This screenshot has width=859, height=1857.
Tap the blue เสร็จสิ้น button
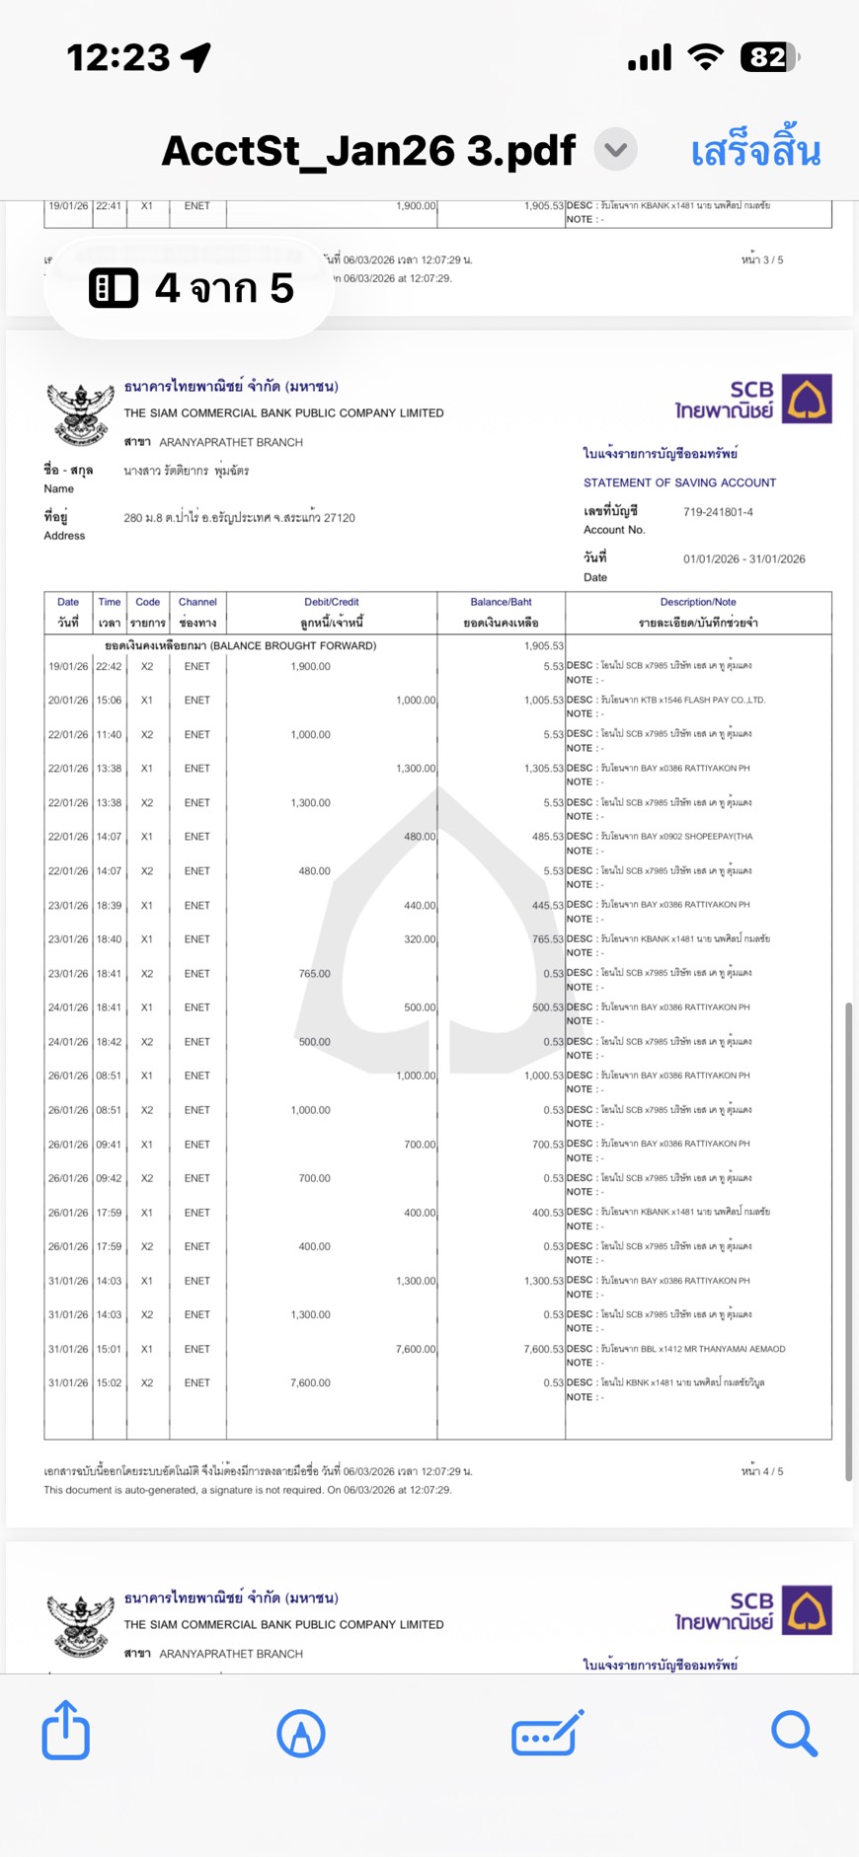coord(755,152)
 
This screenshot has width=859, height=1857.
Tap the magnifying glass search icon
coord(794,1733)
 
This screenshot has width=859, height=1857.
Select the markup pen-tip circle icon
coord(301,1733)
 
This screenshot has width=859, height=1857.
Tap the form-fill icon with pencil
coord(547,1733)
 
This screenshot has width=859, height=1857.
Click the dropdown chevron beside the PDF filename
coord(616,150)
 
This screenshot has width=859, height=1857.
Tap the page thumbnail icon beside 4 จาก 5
coord(114,288)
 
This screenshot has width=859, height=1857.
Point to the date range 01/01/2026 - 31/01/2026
coord(743,558)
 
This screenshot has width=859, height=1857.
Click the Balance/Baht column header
coord(501,602)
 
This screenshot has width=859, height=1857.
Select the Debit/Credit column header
coord(331,602)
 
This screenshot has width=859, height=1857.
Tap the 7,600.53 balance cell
coord(543,1349)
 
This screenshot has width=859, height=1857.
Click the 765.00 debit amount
coord(314,974)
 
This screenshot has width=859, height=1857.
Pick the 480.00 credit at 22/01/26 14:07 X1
coord(419,837)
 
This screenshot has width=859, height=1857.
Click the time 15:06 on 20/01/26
coord(109,701)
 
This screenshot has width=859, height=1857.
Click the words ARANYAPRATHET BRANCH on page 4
coord(231,442)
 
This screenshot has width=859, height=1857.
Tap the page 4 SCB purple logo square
coord(807,399)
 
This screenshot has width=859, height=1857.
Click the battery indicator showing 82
coord(768,57)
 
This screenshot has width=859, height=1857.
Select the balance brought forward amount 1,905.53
coord(543,646)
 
